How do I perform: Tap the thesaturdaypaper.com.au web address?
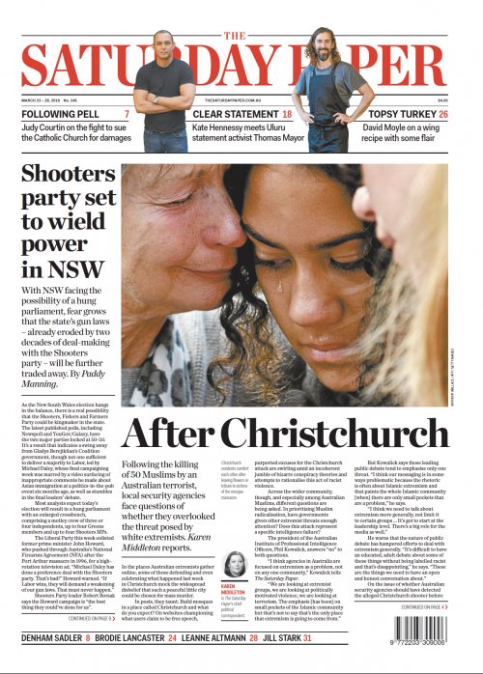241,99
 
